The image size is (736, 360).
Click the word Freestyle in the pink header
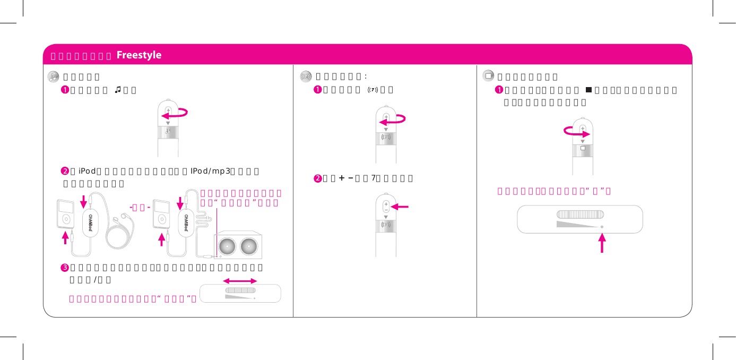click(138, 55)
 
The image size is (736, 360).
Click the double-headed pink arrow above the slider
click(240, 280)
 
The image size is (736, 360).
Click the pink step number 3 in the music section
click(64, 267)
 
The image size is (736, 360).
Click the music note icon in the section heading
click(53, 77)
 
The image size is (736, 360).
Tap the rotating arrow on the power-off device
click(575, 132)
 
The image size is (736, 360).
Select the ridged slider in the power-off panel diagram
click(579, 213)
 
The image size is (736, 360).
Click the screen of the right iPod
click(159, 208)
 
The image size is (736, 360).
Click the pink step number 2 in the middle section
click(317, 178)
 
